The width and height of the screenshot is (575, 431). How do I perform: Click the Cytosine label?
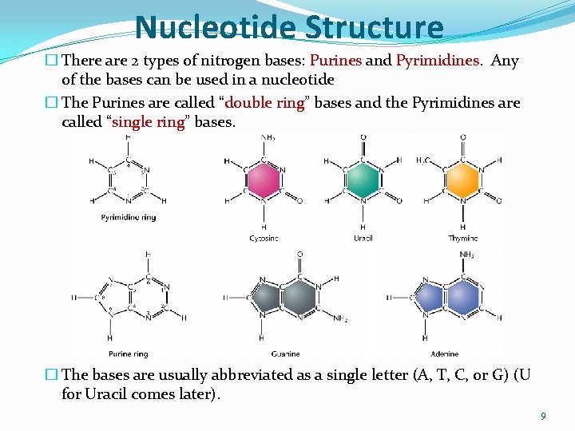pyautogui.click(x=264, y=238)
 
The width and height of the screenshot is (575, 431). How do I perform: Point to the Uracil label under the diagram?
pyautogui.click(x=363, y=238)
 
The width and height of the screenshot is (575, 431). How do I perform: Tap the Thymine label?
pyautogui.click(x=463, y=238)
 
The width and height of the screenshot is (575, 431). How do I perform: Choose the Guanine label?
pyautogui.click(x=285, y=354)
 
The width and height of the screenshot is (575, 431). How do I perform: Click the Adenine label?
pyautogui.click(x=446, y=354)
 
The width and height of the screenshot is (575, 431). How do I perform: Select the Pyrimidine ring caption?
pyautogui.click(x=129, y=217)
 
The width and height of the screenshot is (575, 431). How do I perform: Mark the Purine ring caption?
pyautogui.click(x=129, y=354)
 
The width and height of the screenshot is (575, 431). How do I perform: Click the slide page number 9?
pyautogui.click(x=543, y=416)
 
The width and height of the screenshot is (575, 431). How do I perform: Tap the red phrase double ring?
pyautogui.click(x=266, y=104)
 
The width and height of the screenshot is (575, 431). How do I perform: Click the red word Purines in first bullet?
pyautogui.click(x=336, y=61)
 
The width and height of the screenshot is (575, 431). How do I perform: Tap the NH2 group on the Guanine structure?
pyautogui.click(x=340, y=319)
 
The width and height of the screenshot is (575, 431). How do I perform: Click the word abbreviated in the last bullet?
pyautogui.click(x=257, y=375)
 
